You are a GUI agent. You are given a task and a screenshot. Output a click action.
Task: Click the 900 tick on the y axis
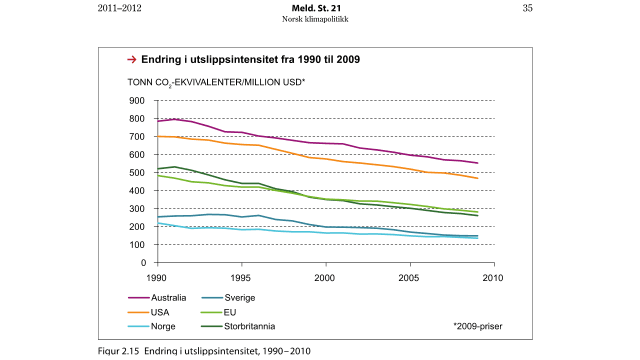pyautogui.click(x=137, y=101)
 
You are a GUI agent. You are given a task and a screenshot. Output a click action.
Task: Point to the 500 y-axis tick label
pyautogui.click(x=137, y=173)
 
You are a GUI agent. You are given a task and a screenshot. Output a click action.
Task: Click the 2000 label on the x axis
pyautogui.click(x=324, y=276)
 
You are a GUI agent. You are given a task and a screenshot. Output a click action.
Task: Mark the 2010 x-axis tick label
pyautogui.click(x=492, y=276)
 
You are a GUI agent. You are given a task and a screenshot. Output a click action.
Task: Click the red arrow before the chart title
pyautogui.click(x=131, y=60)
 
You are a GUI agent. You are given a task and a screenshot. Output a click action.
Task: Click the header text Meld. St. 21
pyautogui.click(x=320, y=8)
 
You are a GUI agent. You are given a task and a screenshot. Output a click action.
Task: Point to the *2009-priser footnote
pyautogui.click(x=478, y=326)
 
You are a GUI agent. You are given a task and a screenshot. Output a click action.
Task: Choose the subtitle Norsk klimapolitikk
pyautogui.click(x=320, y=19)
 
